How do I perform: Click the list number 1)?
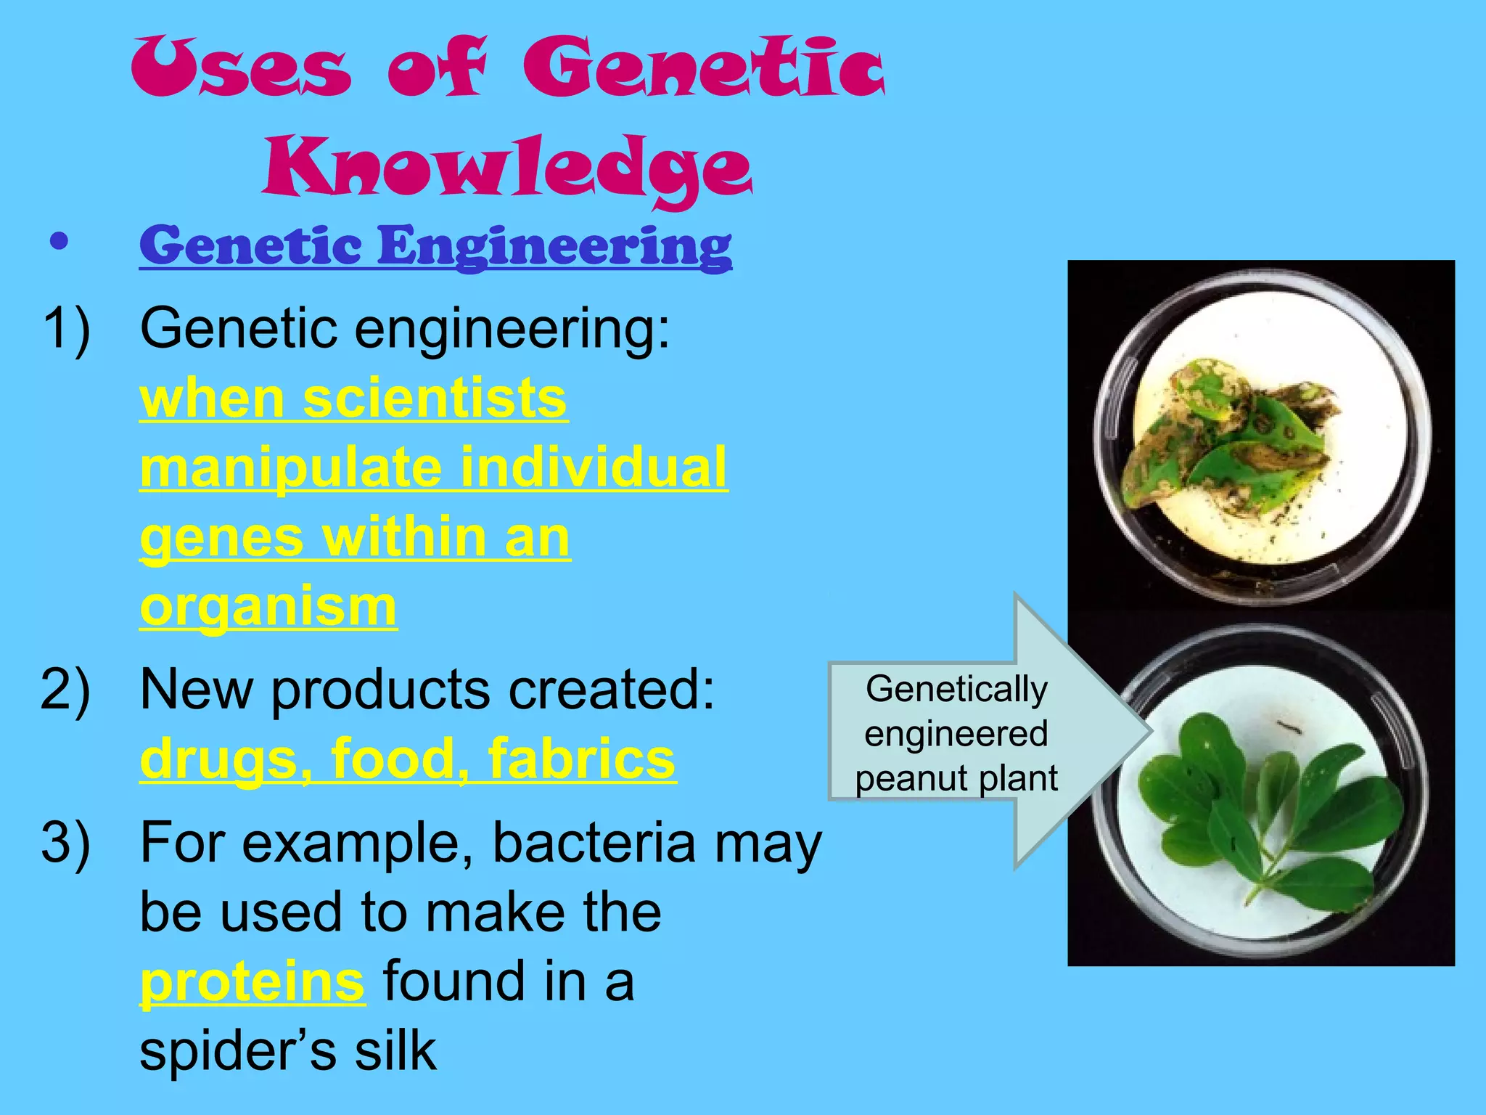(x=66, y=329)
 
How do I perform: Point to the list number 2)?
(x=66, y=689)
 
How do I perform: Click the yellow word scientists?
(x=435, y=399)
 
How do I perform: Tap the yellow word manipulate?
(x=290, y=468)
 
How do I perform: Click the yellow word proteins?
(x=252, y=982)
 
